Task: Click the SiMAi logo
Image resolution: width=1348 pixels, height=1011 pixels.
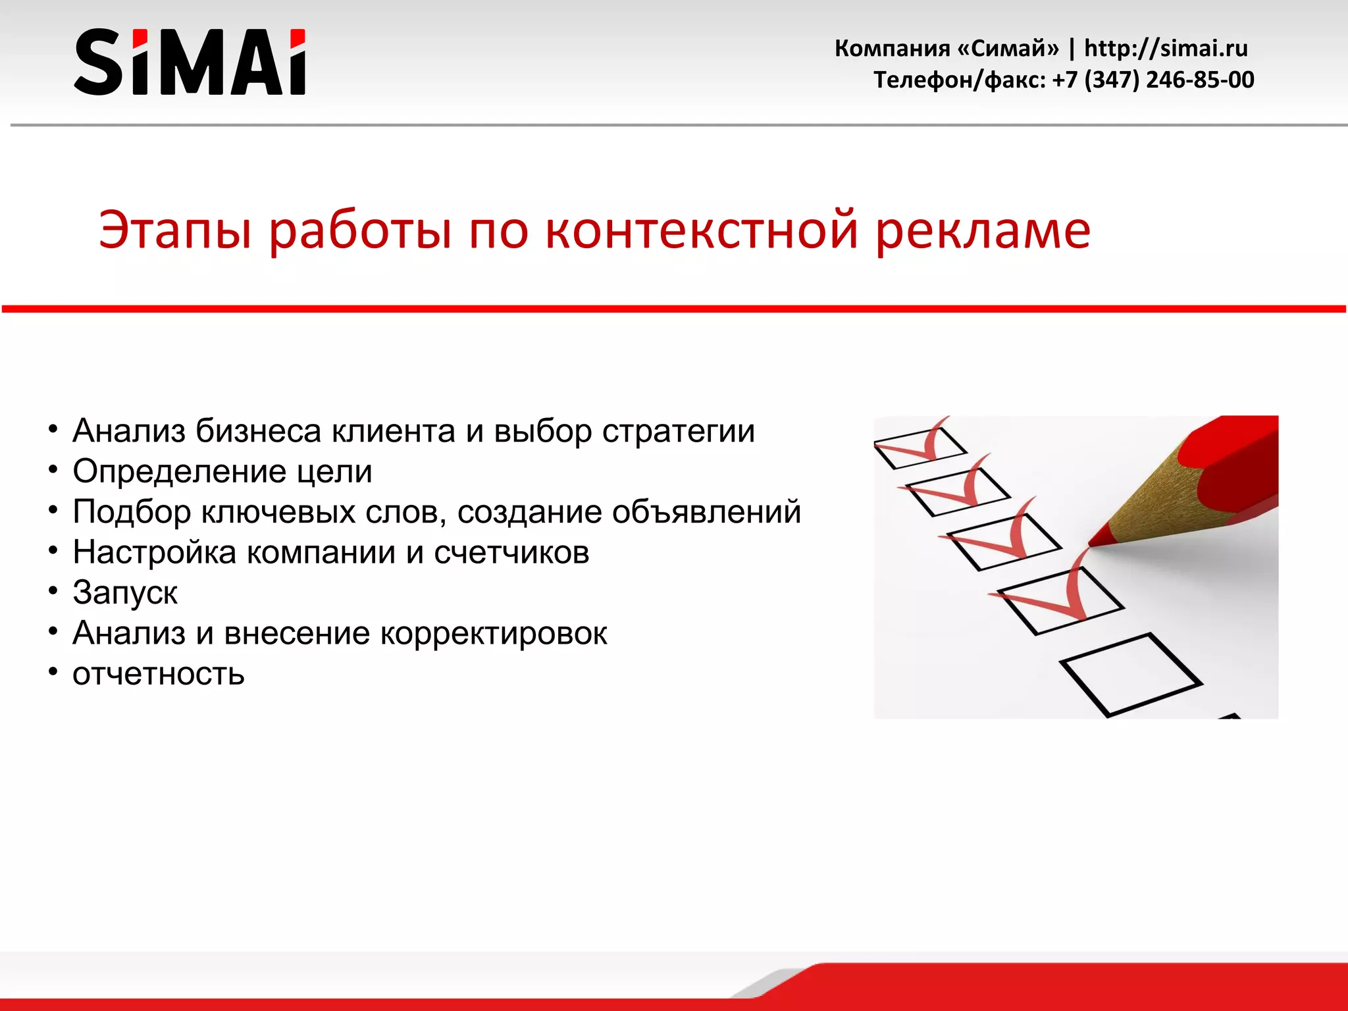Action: tap(190, 62)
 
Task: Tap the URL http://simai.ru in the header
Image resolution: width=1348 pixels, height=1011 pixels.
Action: tap(1166, 48)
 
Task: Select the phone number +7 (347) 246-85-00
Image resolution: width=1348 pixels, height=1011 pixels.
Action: tap(1153, 80)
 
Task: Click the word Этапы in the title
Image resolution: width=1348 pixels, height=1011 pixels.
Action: tap(175, 230)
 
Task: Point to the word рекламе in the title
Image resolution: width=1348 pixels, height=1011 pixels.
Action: tap(983, 230)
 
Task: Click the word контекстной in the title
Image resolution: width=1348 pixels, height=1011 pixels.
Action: tap(702, 230)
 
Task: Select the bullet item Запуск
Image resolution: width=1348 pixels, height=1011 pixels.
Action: tap(125, 592)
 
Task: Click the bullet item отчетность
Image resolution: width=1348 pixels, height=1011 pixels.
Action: tap(159, 674)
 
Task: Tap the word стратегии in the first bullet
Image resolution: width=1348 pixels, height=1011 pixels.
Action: tap(678, 431)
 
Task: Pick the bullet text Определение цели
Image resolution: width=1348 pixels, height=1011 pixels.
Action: tap(222, 472)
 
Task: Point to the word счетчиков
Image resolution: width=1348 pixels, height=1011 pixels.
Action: tap(511, 552)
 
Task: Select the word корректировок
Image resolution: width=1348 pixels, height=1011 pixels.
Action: tap(494, 633)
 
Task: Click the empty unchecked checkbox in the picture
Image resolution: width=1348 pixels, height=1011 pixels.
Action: tap(1129, 674)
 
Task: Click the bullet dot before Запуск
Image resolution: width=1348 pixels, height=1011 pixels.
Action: tap(53, 591)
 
